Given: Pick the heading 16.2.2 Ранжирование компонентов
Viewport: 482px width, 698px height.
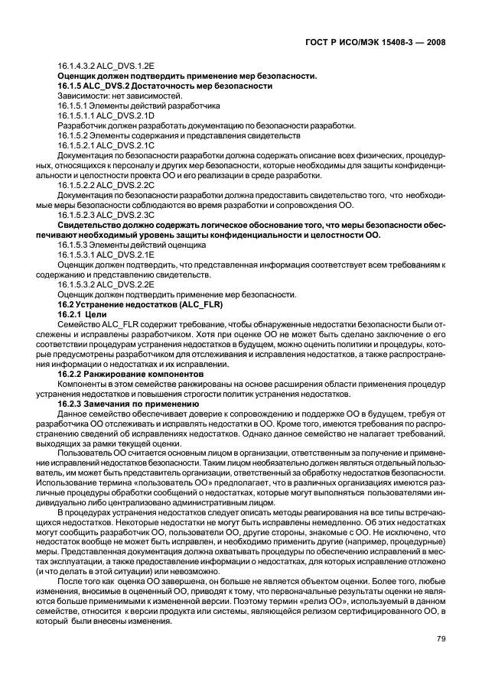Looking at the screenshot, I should [x=127, y=375].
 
